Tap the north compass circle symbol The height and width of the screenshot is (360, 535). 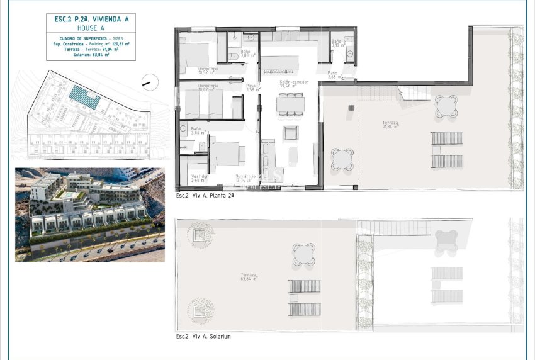click(x=150, y=82)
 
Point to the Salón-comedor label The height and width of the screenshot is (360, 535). click(x=290, y=82)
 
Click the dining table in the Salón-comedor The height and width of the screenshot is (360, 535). click(x=290, y=104)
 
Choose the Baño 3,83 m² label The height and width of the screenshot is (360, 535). click(x=246, y=53)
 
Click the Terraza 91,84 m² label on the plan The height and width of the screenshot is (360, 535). click(x=390, y=125)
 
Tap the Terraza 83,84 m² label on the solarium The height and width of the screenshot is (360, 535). click(x=249, y=278)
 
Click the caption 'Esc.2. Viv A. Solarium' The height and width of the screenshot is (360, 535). click(x=203, y=337)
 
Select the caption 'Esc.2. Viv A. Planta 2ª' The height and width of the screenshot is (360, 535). click(x=205, y=196)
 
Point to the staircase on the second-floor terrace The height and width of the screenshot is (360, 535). click(x=414, y=93)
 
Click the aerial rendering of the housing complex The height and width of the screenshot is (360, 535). click(x=90, y=215)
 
